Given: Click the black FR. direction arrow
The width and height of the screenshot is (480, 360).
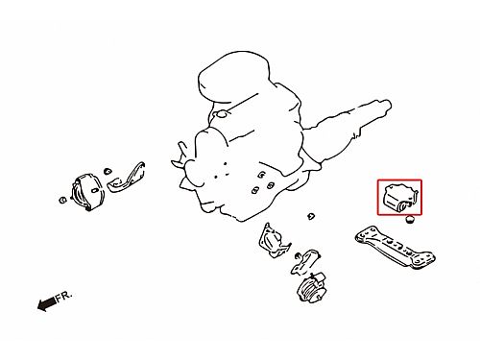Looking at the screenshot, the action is [47, 303].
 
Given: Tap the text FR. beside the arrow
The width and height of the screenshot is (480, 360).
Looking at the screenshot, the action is [64, 297].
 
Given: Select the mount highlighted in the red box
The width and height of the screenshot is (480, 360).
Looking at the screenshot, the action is [400, 198].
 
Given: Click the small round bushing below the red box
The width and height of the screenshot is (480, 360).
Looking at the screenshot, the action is [409, 220].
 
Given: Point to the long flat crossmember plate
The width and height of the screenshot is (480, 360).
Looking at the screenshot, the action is [395, 247].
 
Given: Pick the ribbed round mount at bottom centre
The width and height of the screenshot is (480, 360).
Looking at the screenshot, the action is [312, 288].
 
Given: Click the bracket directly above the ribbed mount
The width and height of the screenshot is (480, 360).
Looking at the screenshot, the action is [305, 261].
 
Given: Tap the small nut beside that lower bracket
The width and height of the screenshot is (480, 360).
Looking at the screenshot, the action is [298, 255].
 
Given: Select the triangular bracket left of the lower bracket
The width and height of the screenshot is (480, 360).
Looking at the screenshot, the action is [274, 241].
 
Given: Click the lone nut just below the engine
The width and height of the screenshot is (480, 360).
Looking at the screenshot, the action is [311, 217].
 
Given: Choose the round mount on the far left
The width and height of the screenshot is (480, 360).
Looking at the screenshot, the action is [87, 192].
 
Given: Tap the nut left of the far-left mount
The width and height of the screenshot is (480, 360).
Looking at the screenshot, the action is [62, 201].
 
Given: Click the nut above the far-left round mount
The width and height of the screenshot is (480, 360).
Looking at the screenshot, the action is [108, 171].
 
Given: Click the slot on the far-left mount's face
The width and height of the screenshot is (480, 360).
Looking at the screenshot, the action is [95, 190].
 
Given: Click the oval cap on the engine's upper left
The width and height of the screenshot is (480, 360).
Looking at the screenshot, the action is [222, 113].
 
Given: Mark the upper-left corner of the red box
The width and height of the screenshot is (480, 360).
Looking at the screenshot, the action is [378, 180].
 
